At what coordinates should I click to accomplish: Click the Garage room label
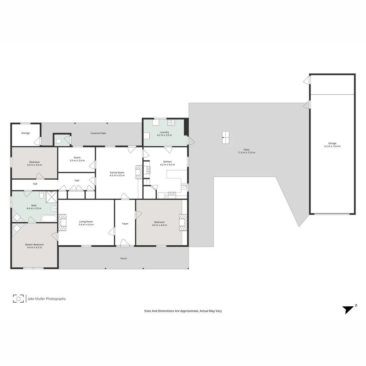(x=332, y=143)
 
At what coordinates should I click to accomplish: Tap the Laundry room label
(x=164, y=132)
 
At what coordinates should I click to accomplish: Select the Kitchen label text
(x=167, y=162)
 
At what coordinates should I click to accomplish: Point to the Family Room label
(x=117, y=172)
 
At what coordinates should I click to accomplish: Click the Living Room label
(x=86, y=222)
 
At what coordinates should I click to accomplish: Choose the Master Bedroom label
(x=34, y=244)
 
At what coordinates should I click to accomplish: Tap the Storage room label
(x=26, y=133)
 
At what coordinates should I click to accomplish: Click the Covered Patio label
(x=98, y=133)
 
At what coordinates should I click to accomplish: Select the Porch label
(x=124, y=259)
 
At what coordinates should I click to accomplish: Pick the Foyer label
(x=125, y=224)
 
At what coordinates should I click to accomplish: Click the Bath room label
(x=34, y=205)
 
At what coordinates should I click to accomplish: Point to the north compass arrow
(x=348, y=309)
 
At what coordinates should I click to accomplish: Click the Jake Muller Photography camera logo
(x=18, y=299)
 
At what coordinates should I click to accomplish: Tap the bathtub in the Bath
(x=49, y=218)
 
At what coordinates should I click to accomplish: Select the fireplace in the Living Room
(x=62, y=222)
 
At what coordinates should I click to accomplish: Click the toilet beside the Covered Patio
(x=58, y=141)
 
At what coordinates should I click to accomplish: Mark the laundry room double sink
(x=171, y=123)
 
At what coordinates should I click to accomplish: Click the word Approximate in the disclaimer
(x=188, y=311)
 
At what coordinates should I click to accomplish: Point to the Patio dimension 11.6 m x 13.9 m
(x=246, y=153)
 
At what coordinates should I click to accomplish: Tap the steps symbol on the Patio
(x=225, y=137)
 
